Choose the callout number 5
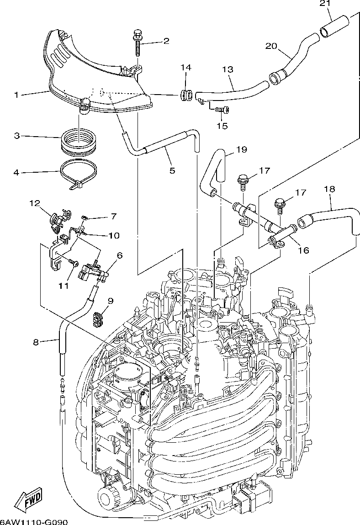[x=172, y=170]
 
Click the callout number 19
[x=242, y=149]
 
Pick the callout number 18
[x=329, y=188]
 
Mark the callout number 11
[x=64, y=286]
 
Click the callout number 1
[x=16, y=95]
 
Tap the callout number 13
[x=228, y=70]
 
